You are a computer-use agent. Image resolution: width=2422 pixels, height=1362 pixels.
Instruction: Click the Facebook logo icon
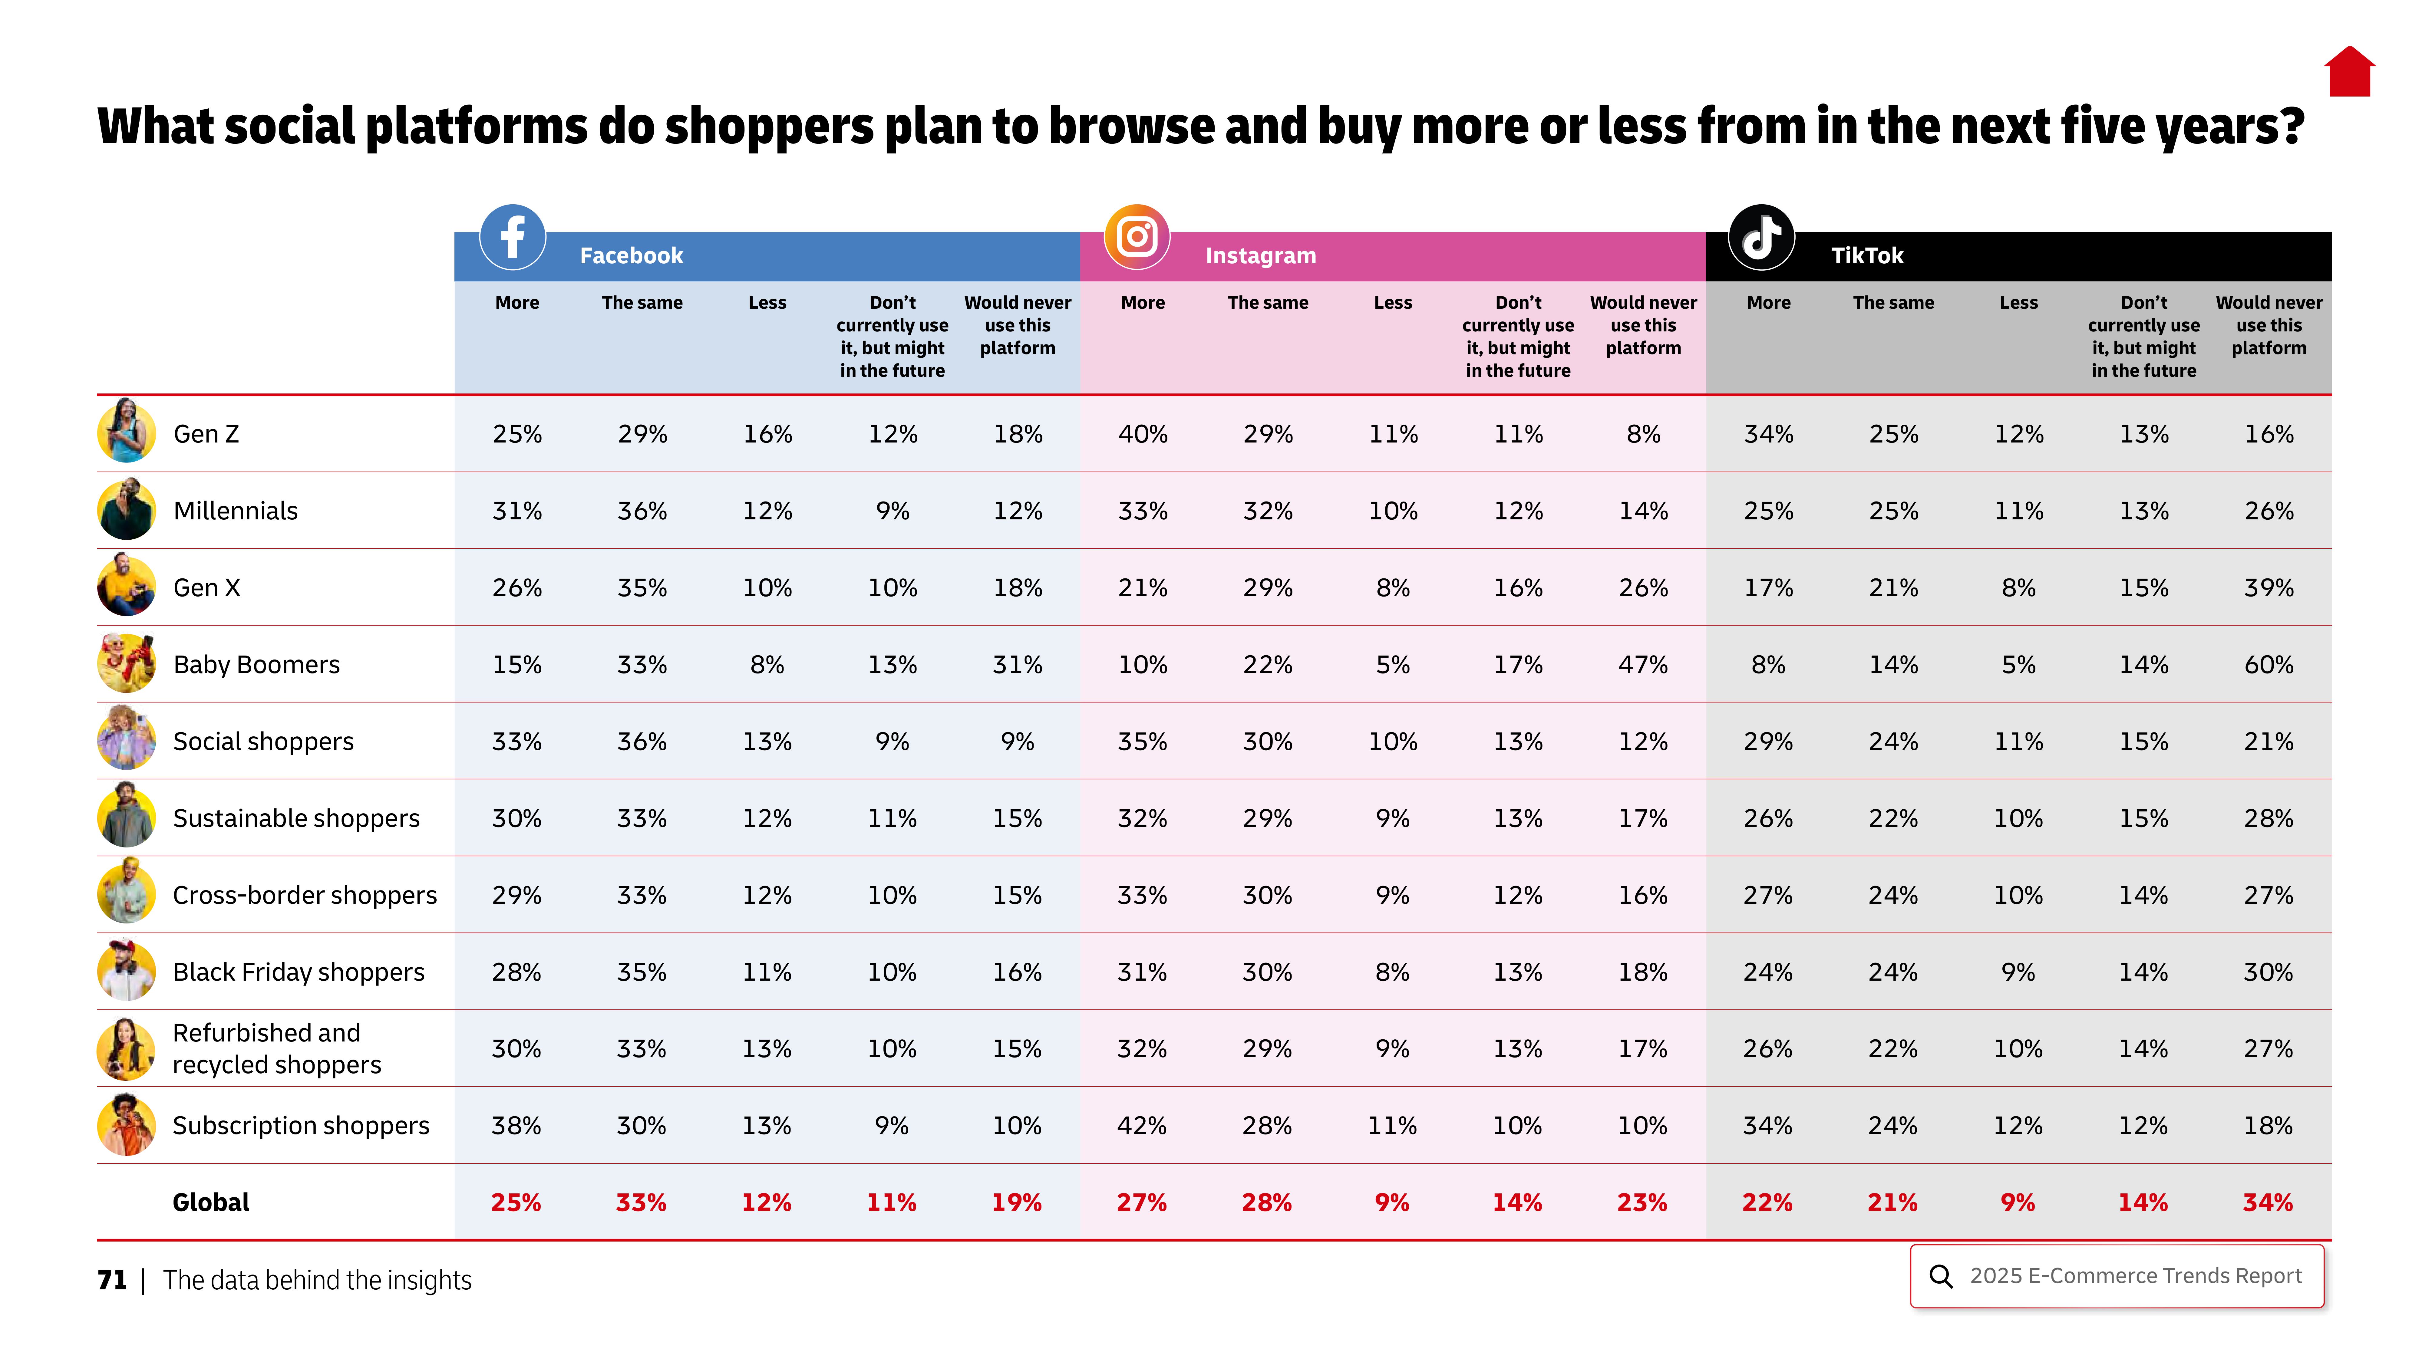pos(513,237)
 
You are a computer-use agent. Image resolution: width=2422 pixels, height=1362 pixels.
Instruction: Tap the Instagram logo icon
pos(1137,237)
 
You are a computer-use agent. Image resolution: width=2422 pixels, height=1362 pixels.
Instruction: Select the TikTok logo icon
pos(1761,237)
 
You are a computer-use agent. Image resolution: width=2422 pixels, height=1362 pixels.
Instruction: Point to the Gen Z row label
pos(206,434)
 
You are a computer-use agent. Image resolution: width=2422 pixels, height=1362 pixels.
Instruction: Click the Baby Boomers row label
pos(256,665)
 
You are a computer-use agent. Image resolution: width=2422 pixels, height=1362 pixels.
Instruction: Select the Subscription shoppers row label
pos(301,1125)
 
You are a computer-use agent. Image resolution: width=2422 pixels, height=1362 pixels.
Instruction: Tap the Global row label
pos(211,1202)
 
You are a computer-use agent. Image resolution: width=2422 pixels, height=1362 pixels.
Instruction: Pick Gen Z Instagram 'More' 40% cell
pos(1142,434)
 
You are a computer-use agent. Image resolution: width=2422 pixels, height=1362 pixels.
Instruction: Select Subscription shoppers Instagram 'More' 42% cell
pos(1141,1125)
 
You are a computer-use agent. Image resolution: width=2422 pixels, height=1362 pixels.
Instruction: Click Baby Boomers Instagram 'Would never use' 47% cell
pos(1642,665)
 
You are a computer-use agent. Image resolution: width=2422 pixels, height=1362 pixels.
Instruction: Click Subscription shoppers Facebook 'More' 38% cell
pos(516,1125)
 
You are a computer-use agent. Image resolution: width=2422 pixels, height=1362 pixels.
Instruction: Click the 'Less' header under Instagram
pos(1392,303)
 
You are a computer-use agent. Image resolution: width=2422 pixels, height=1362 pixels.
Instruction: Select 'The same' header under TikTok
pos(1893,303)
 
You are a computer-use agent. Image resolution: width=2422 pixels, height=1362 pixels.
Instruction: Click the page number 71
pos(112,1280)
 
